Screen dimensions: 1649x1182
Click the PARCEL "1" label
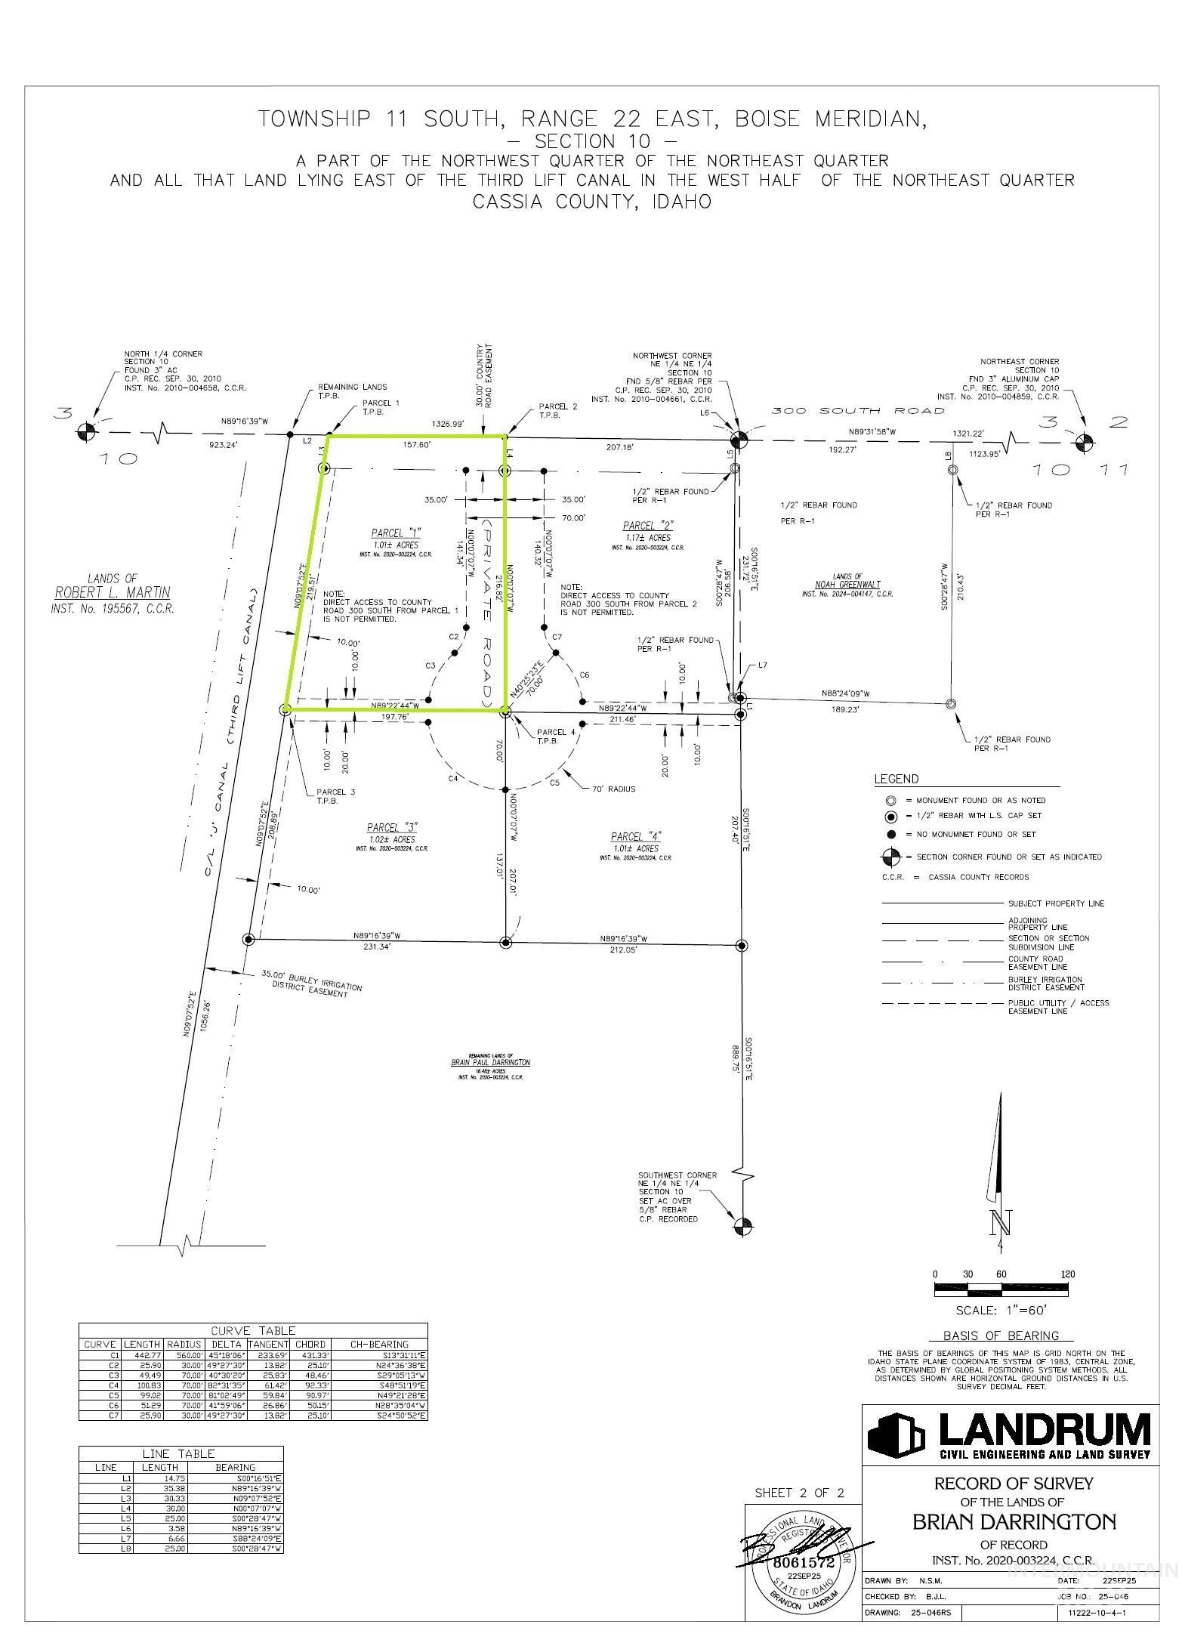[x=397, y=532]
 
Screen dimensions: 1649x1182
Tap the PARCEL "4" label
[x=636, y=836]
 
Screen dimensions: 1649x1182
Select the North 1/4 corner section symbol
[x=88, y=432]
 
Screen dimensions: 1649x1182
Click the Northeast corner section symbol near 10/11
[x=1084, y=441]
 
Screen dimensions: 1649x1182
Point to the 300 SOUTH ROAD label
[x=857, y=411]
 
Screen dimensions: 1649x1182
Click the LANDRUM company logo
[x=1009, y=1435]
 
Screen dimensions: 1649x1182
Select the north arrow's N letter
[x=1001, y=1221]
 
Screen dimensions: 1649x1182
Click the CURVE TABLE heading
[x=253, y=1330]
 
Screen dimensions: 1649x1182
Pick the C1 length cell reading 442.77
[x=142, y=1355]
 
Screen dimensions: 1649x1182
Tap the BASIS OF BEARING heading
[x=1001, y=1336]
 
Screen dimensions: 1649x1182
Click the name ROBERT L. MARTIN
[x=113, y=592]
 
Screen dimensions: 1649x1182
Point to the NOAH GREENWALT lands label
[x=847, y=585]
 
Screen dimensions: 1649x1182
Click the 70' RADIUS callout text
[x=613, y=789]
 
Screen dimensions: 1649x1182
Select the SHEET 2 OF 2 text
[x=799, y=1493]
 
